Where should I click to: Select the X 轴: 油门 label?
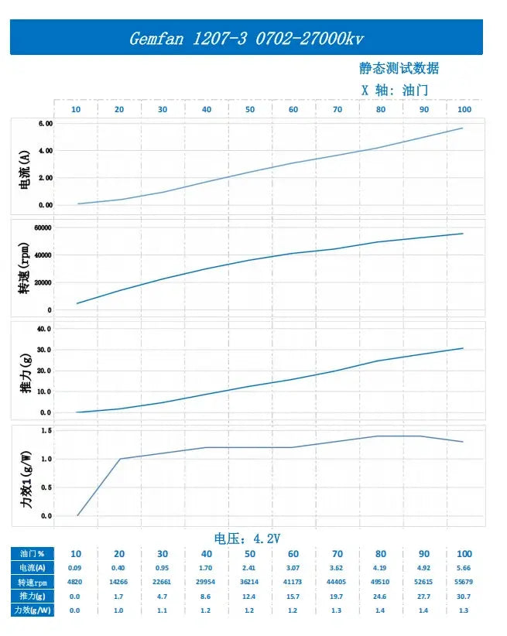(395, 90)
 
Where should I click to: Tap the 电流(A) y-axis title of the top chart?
(26, 166)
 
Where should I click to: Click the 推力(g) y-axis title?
(26, 371)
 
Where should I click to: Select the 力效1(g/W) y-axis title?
(26, 473)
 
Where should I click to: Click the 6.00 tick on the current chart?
(45, 124)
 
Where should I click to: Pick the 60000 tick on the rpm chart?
(41, 227)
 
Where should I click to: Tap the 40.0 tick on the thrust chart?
(44, 329)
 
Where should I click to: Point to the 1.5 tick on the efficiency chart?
(46, 431)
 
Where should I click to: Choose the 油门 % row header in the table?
(32, 554)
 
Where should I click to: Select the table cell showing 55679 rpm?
(464, 582)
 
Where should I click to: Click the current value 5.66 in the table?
(464, 568)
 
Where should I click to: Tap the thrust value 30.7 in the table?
(464, 597)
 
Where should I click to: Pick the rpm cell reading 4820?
(76, 582)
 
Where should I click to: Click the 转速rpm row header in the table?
(32, 582)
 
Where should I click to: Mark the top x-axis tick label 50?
(250, 110)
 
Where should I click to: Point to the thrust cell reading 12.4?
(249, 597)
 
